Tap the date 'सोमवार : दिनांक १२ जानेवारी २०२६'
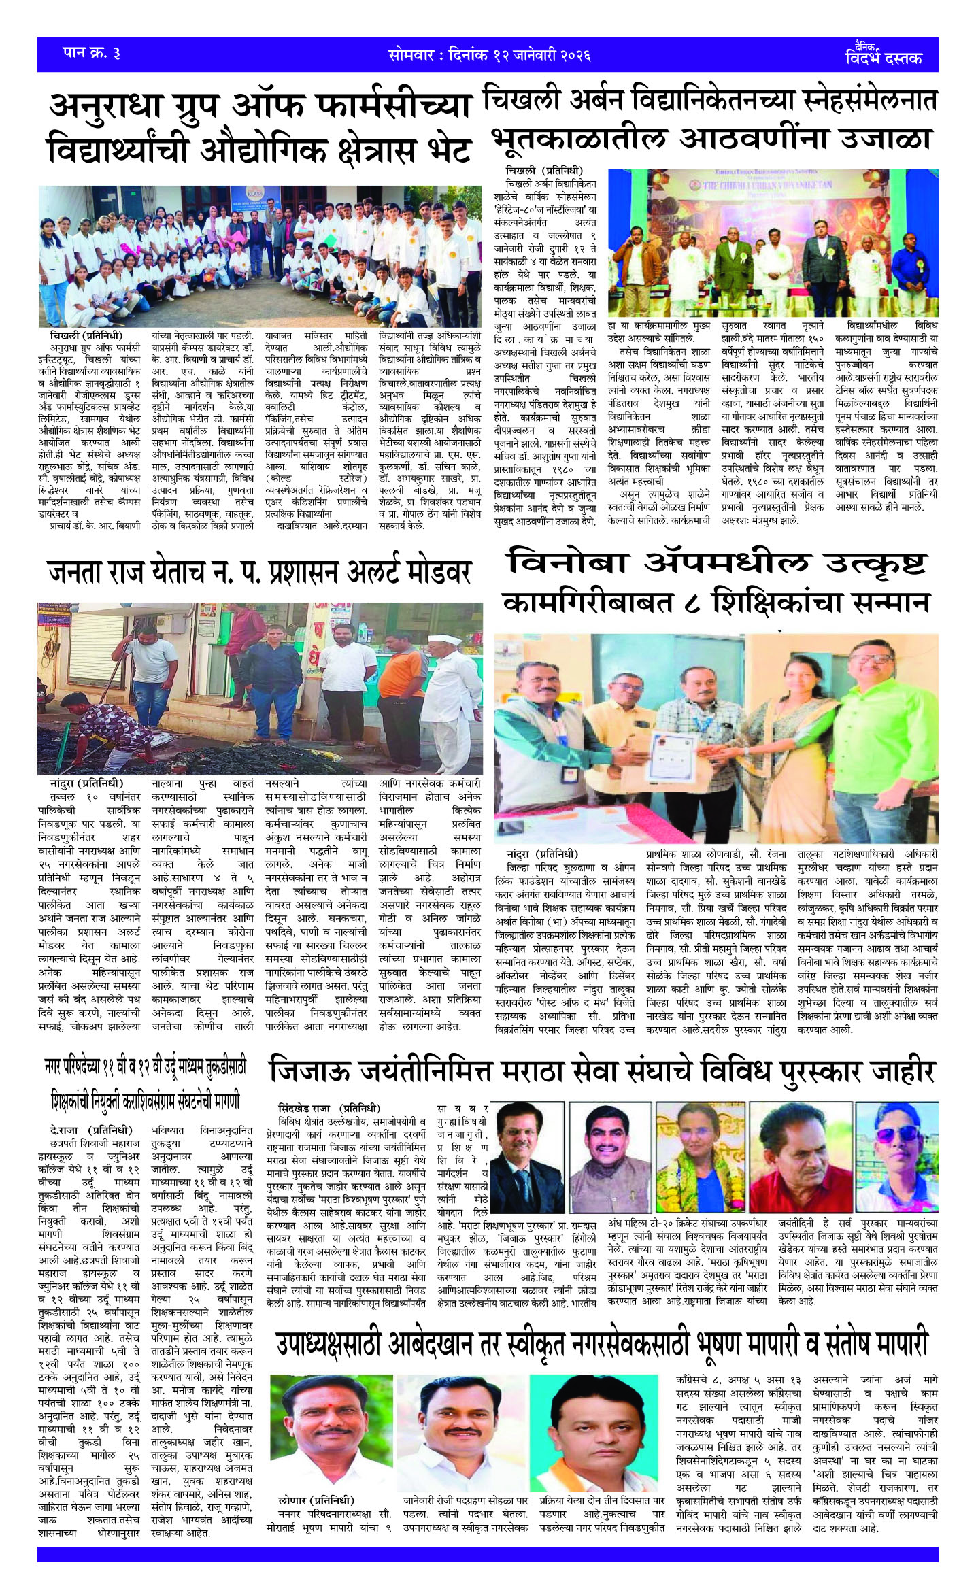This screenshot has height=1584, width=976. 489,54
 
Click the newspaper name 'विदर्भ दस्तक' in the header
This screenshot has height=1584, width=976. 884,58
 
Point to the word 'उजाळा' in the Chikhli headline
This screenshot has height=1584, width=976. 885,138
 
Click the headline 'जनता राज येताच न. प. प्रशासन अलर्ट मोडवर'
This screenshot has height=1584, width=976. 260,573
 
